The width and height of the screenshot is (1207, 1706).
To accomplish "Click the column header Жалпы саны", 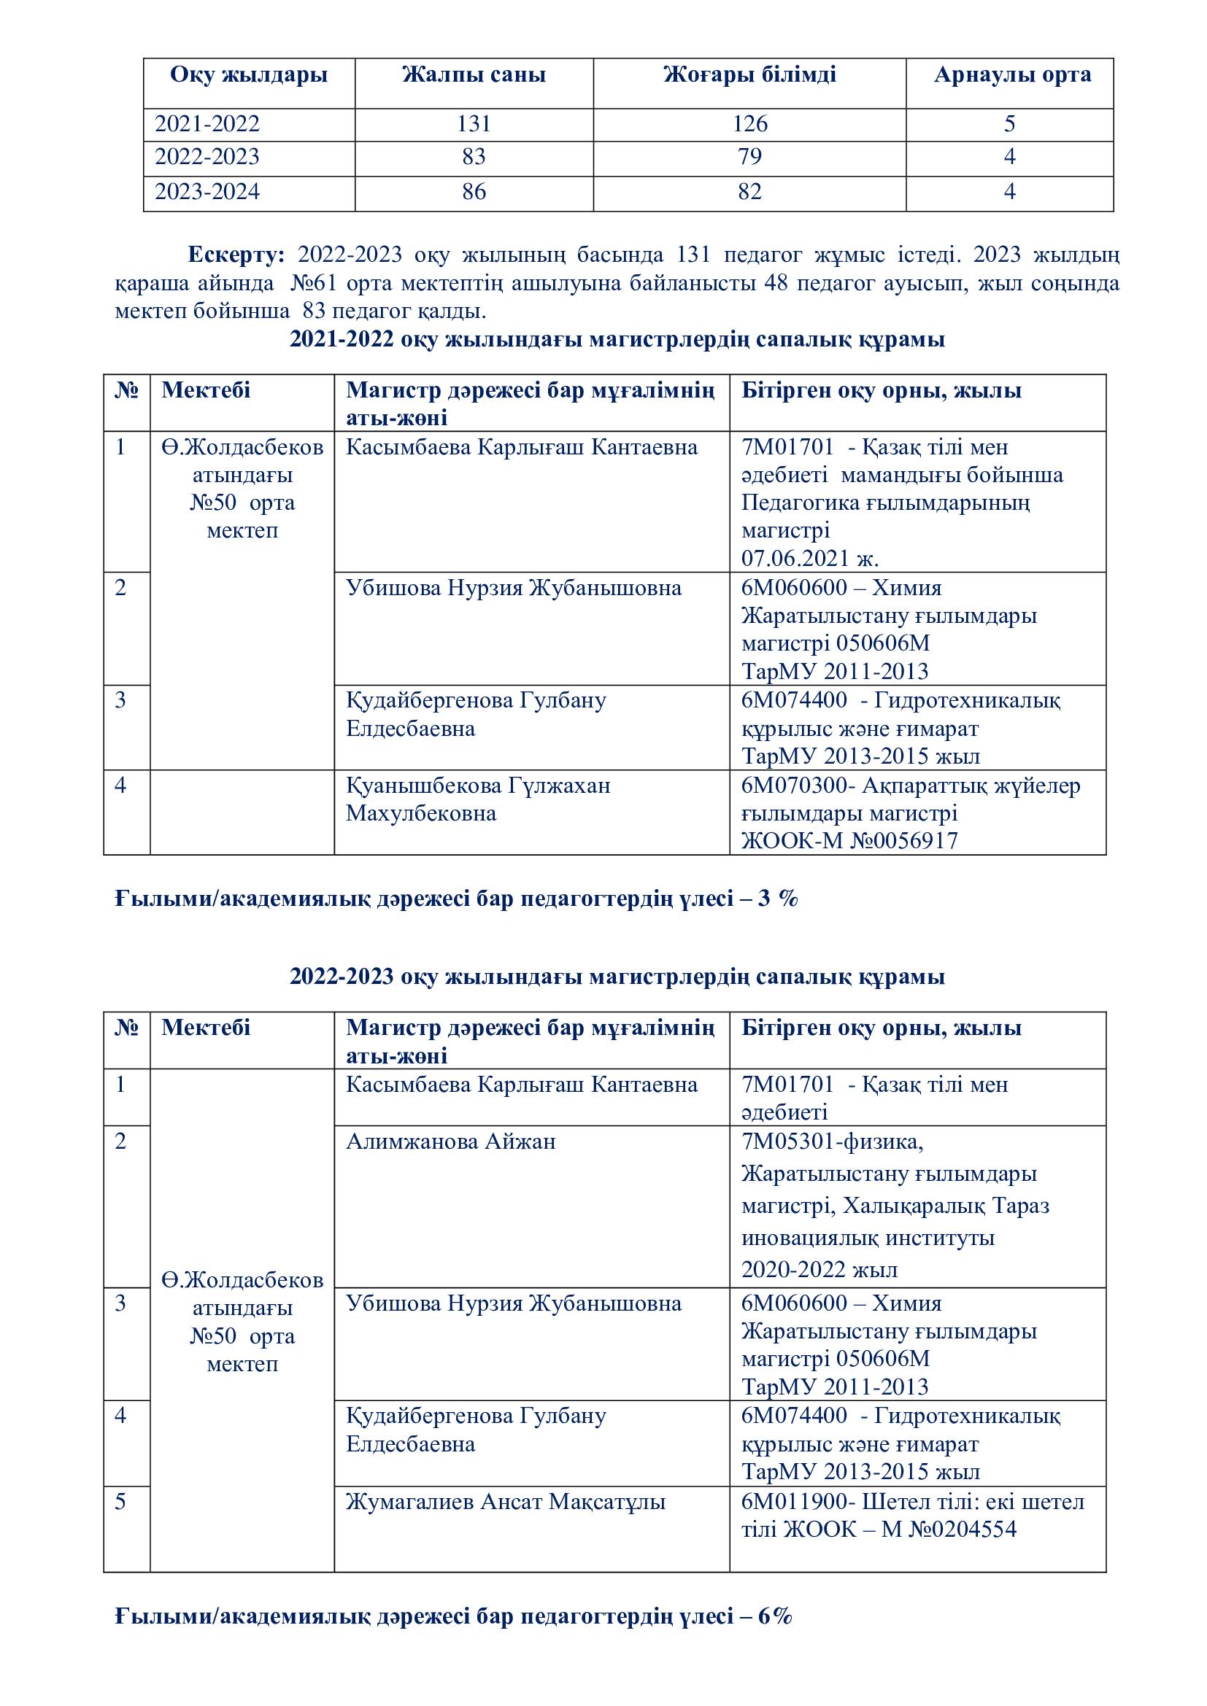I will pyautogui.click(x=474, y=75).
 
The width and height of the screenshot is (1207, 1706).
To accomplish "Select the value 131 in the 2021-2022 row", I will pyautogui.click(x=474, y=123).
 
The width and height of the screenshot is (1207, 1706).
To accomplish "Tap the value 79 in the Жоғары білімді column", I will pyautogui.click(x=749, y=157).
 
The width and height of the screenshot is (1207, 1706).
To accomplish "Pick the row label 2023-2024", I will pyautogui.click(x=207, y=192).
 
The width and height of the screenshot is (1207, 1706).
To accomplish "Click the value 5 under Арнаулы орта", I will pyautogui.click(x=1009, y=123).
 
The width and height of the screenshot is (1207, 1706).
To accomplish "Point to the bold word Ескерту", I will pyautogui.click(x=235, y=255).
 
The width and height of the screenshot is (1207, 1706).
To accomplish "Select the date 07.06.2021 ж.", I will pyautogui.click(x=809, y=558).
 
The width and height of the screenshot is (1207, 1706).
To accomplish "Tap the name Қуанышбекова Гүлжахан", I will pyautogui.click(x=478, y=786).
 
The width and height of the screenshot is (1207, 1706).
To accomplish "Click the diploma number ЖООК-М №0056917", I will pyautogui.click(x=849, y=840).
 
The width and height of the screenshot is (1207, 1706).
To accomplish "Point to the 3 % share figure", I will pyautogui.click(x=777, y=899).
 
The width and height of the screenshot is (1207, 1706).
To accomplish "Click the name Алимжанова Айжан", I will pyautogui.click(x=450, y=1141).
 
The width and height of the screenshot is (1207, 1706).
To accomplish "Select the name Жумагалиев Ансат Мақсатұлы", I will pyautogui.click(x=506, y=1502).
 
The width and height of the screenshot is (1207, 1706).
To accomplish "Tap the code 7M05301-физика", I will pyautogui.click(x=832, y=1141).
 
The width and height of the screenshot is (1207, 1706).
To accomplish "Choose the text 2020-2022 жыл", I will pyautogui.click(x=819, y=1269).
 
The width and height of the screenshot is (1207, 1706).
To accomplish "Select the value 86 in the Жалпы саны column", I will pyautogui.click(x=474, y=192).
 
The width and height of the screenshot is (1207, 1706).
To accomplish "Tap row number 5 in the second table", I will pyautogui.click(x=121, y=1502).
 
